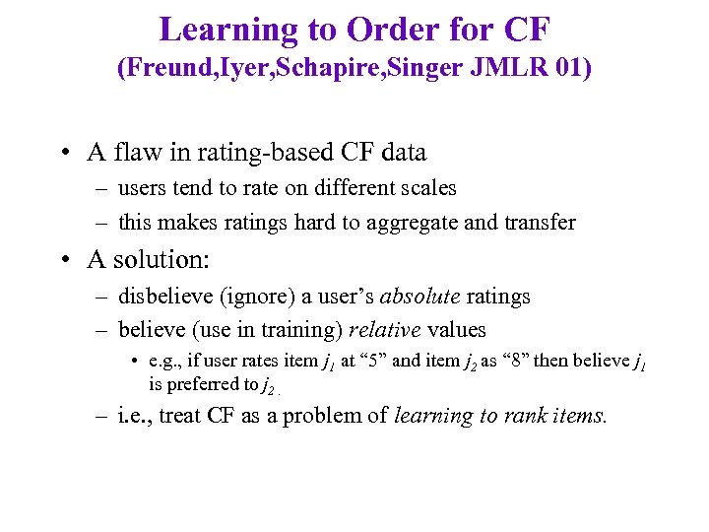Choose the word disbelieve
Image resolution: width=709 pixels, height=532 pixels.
(x=162, y=296)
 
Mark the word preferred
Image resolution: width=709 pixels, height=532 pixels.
(x=200, y=383)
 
